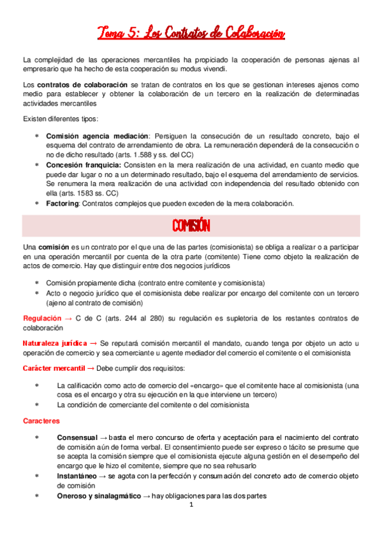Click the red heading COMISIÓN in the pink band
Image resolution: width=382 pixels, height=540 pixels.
pos(191,226)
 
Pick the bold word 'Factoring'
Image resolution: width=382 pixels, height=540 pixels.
pos(62,203)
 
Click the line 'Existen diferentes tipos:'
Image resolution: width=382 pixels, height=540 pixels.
pos(61,119)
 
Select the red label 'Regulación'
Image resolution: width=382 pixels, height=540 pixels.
pos(42,317)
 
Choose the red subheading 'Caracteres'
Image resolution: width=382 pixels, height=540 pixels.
pos(41,421)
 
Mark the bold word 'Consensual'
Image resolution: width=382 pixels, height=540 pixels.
pos(77,438)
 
